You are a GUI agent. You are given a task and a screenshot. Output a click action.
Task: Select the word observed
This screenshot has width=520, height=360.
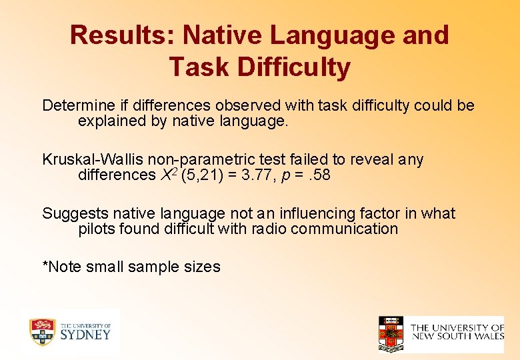(246, 106)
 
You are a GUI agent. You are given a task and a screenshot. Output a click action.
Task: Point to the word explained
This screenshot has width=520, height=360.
(108, 121)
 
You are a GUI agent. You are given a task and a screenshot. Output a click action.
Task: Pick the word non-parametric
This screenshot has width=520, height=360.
(201, 160)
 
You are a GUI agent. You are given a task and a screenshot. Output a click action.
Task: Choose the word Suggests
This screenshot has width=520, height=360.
(75, 214)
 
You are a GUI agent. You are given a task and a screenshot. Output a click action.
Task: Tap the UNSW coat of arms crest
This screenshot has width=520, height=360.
(391, 334)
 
